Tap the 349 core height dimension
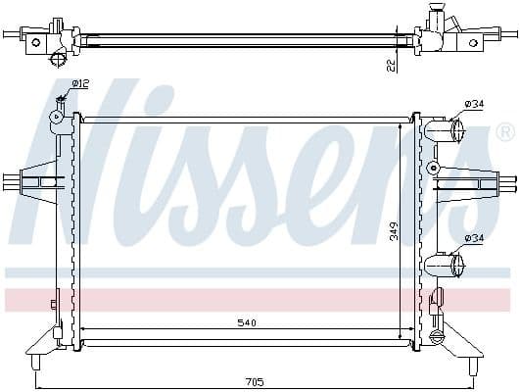[393, 231]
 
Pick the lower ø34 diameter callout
[474, 237]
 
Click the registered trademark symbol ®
[505, 131]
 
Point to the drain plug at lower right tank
[437, 337]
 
